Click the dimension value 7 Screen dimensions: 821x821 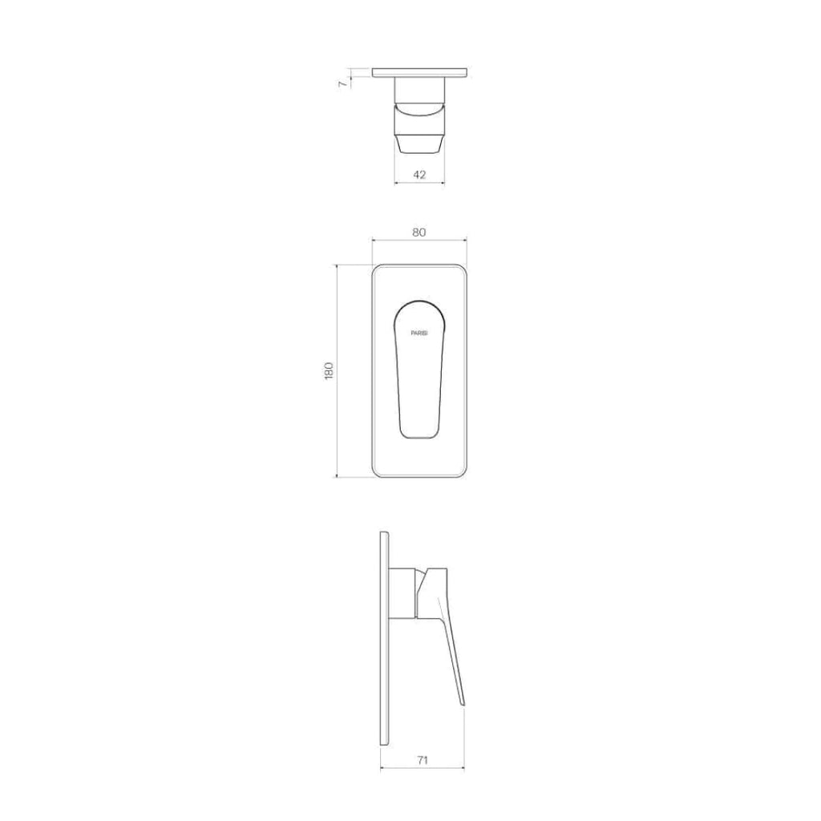coord(342,83)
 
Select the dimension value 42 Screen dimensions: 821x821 coord(419,174)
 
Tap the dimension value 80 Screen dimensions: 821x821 coord(419,232)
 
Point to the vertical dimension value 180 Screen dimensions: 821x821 coord(329,370)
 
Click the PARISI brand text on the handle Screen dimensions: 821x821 coord(419,331)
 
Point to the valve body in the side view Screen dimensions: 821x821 coord(405,593)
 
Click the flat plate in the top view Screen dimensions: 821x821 coord(419,73)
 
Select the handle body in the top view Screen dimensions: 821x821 coord(419,120)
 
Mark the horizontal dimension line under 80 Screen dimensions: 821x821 coord(419,240)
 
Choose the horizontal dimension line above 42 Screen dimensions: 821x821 coord(419,183)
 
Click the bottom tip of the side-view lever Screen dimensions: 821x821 coord(463,704)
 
